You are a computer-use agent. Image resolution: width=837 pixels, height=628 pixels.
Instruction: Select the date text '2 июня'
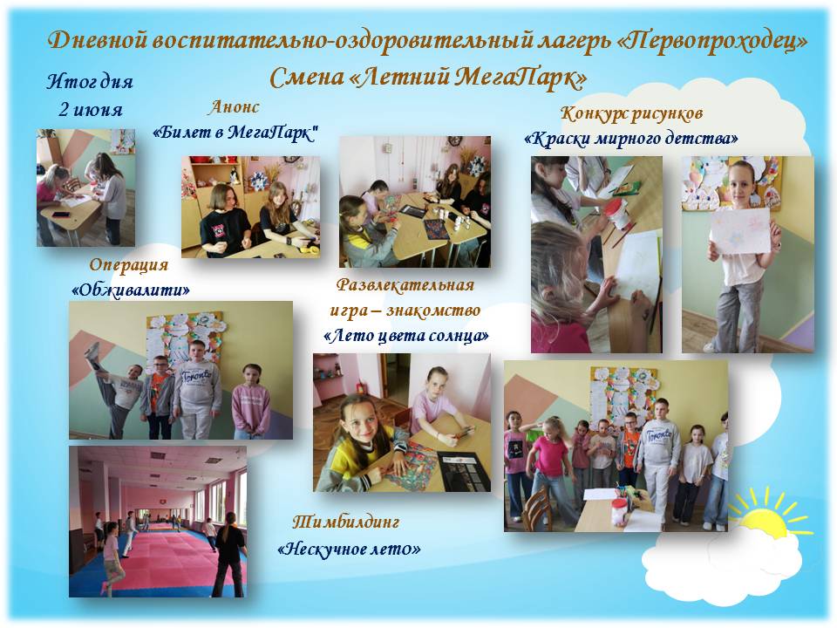(x=90, y=110)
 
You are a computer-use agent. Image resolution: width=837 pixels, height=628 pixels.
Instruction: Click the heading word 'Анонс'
(x=235, y=106)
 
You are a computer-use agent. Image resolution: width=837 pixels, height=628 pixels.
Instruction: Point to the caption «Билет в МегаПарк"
(x=235, y=132)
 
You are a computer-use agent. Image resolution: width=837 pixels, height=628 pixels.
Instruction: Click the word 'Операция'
(x=129, y=264)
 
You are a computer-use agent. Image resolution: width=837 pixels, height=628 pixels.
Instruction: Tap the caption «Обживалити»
(x=130, y=290)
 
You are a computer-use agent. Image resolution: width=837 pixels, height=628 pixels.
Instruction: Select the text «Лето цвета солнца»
(x=405, y=335)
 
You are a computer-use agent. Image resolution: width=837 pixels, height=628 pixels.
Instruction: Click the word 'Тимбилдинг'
(x=346, y=522)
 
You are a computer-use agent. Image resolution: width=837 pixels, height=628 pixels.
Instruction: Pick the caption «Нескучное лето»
(x=349, y=549)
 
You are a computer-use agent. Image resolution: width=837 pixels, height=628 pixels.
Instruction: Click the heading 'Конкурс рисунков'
(x=631, y=113)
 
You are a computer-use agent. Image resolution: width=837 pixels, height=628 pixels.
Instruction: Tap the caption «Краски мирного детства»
(x=631, y=139)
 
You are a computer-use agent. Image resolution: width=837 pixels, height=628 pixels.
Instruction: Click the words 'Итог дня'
(x=90, y=82)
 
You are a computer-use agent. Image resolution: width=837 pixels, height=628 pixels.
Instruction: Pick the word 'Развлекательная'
(x=405, y=284)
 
